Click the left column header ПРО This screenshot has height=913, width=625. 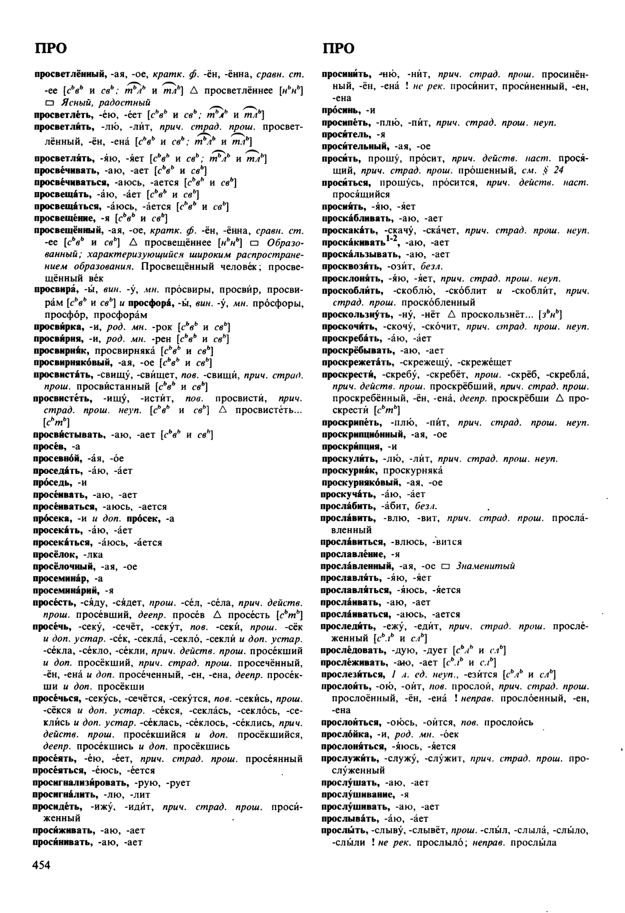pos(51,48)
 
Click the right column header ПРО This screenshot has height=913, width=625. pos(339,48)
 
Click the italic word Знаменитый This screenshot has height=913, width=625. pos(485,566)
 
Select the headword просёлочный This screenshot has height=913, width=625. pos(64,567)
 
